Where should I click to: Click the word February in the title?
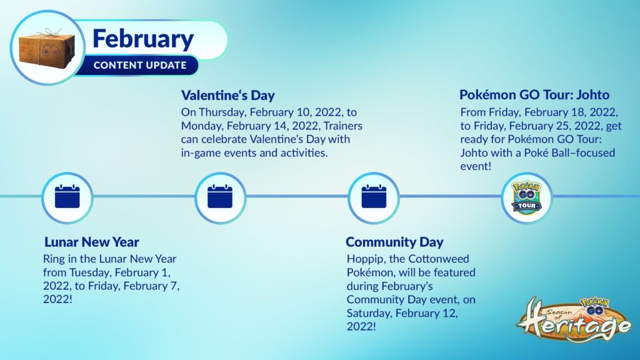point(143,39)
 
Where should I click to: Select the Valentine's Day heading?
point(227,95)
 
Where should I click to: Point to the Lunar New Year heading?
point(92,242)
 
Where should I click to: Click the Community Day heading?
point(394,242)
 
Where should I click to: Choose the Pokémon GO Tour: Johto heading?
point(534,95)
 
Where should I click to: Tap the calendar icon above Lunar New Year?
point(67,197)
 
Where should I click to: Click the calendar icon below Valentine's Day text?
point(220,197)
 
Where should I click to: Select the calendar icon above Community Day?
point(374,197)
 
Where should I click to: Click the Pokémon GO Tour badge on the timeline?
point(526,198)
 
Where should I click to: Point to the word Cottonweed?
point(439,259)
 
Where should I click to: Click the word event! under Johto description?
point(476,166)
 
